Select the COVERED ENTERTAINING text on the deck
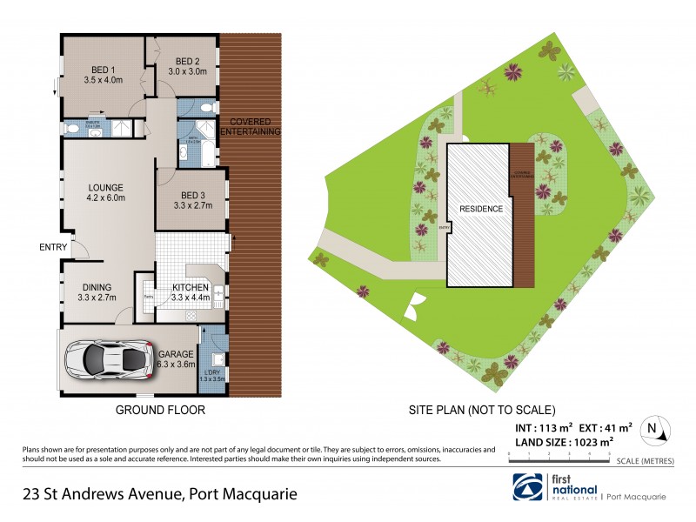point(250,126)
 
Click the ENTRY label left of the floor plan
point(53,247)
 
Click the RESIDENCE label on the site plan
point(475,210)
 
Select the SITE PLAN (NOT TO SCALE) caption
point(481,409)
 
